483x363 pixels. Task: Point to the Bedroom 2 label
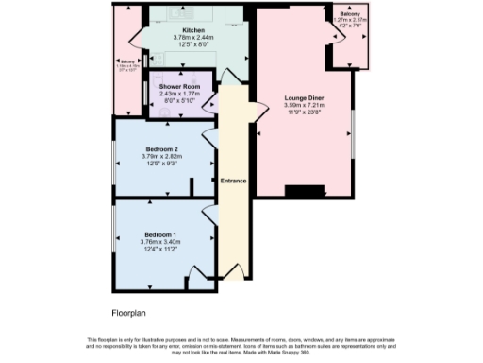tap(160, 147)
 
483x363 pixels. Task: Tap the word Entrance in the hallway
tap(234, 180)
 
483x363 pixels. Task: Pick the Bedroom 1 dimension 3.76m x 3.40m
tap(160, 242)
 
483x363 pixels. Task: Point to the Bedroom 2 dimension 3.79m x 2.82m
tap(160, 155)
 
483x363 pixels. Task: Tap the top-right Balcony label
tap(349, 13)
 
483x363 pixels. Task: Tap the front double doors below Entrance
tap(233, 277)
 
